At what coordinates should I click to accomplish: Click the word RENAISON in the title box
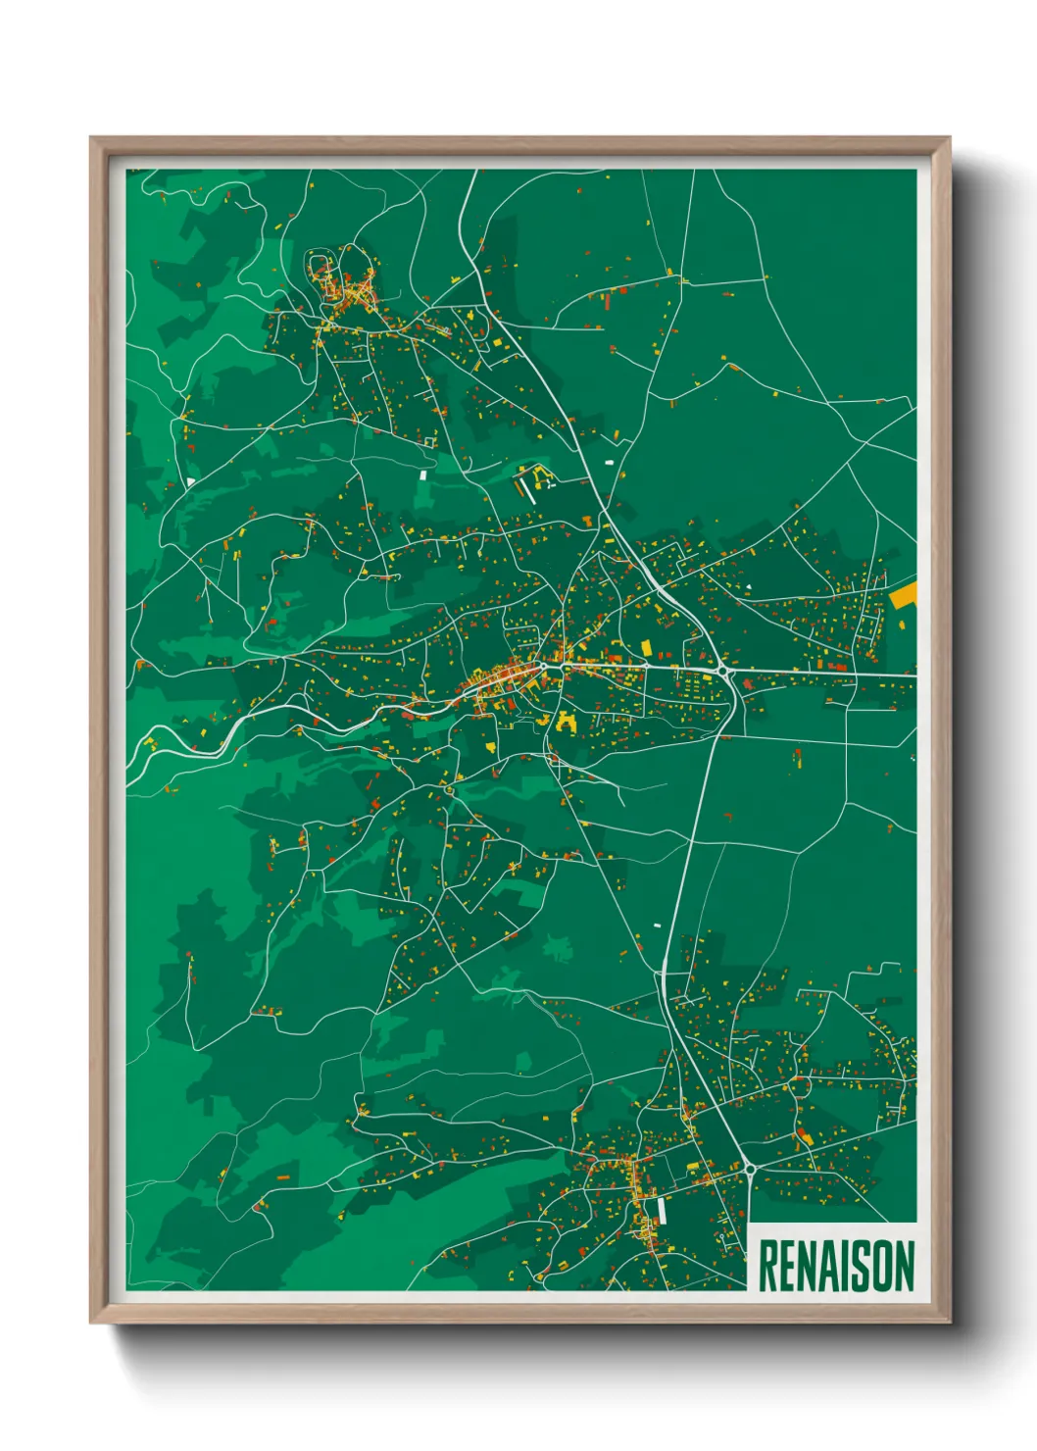836,1266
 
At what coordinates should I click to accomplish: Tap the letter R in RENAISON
768,1266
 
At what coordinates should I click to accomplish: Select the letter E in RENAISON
789,1266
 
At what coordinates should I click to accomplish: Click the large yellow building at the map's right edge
904,595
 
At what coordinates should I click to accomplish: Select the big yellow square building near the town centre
646,646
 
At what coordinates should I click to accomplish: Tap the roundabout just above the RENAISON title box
750,1168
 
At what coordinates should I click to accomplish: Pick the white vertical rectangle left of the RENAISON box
662,1212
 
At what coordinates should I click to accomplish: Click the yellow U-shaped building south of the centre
566,723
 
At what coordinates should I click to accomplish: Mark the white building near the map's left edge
190,482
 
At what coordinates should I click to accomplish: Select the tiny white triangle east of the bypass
749,586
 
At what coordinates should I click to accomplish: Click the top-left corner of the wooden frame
91,138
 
